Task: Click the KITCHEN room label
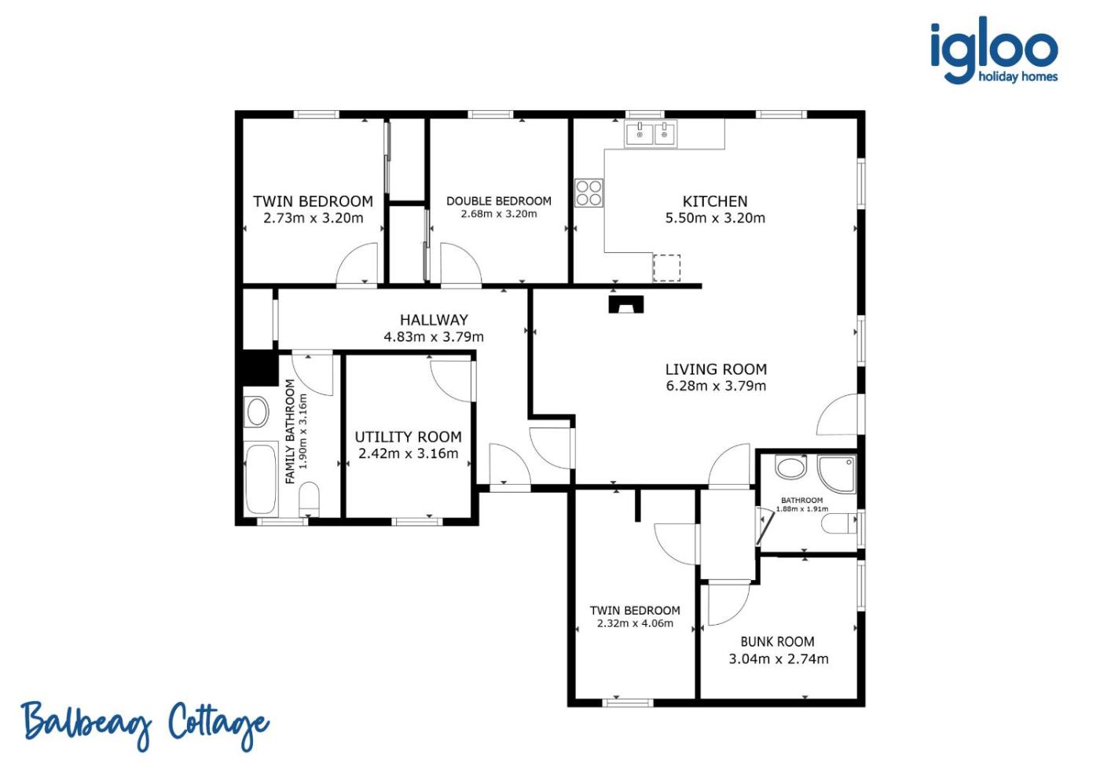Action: (x=715, y=201)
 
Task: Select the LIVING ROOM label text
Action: (x=716, y=369)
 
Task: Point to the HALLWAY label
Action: (x=434, y=321)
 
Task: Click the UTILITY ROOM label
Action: (x=408, y=437)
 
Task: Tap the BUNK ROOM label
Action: (x=777, y=642)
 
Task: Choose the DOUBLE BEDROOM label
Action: (x=498, y=201)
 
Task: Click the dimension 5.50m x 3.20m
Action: (x=715, y=218)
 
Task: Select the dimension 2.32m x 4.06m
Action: (x=635, y=624)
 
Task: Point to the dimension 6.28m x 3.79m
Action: (x=716, y=386)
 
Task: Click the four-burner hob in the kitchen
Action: (x=588, y=193)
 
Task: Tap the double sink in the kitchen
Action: (x=651, y=134)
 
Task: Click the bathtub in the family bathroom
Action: (x=260, y=479)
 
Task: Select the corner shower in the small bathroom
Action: (x=837, y=473)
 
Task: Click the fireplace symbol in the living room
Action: (x=626, y=304)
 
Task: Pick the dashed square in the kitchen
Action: (x=666, y=268)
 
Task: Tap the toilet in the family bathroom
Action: (x=309, y=499)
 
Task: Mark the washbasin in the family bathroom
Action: (x=257, y=412)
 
